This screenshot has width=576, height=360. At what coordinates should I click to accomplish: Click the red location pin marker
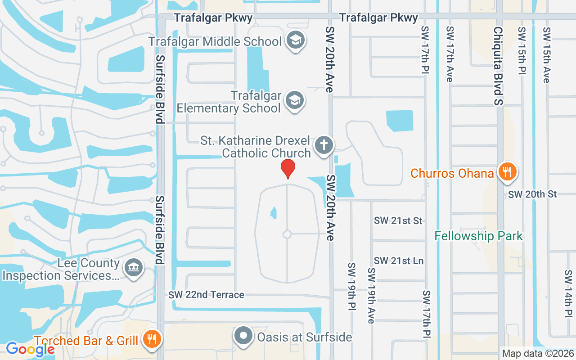(x=288, y=168)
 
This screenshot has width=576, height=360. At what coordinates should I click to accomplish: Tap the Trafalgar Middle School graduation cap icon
(x=295, y=40)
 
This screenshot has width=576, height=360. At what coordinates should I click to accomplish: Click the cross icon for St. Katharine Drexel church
(x=323, y=145)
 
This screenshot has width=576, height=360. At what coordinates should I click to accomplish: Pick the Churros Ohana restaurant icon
(x=507, y=172)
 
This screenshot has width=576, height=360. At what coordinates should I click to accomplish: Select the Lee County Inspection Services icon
(x=133, y=268)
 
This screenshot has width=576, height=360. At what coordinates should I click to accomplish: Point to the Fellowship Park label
(x=478, y=236)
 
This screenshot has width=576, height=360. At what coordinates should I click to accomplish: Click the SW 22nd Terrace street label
(x=207, y=295)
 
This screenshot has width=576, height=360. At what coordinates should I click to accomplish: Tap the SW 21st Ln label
(x=399, y=261)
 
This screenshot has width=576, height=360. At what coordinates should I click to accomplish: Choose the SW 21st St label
(x=398, y=220)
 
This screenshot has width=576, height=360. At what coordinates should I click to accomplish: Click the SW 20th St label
(x=533, y=194)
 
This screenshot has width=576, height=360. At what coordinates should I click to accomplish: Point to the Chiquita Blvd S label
(x=498, y=66)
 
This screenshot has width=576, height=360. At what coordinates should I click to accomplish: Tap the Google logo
(x=30, y=349)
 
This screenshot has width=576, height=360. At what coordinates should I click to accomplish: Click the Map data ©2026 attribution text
(x=538, y=354)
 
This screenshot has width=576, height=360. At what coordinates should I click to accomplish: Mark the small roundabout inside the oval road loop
(x=287, y=234)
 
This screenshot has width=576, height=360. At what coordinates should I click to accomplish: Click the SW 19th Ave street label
(x=371, y=296)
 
